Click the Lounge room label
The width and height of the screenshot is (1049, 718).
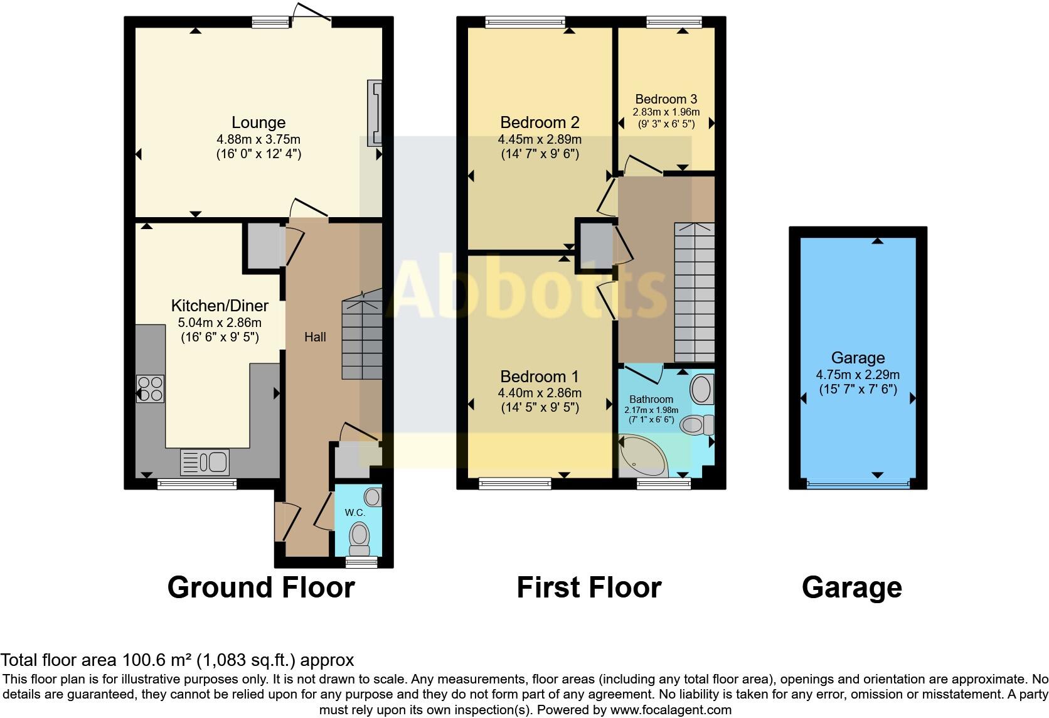coord(258,122)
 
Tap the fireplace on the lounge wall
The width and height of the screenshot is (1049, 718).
coord(375,113)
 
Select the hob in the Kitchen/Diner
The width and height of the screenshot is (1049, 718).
coord(150,388)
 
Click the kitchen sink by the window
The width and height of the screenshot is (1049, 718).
coord(205,463)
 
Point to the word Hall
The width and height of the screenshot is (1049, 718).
coord(315,337)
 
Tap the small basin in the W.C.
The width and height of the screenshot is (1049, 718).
coord(373,498)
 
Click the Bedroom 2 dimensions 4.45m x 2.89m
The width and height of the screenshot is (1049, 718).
coord(540,139)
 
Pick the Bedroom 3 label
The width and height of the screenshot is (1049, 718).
coord(666,99)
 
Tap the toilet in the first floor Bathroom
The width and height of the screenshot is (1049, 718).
coord(696,425)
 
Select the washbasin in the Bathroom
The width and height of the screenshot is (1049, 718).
coord(701,389)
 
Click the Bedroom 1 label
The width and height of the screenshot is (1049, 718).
coord(540,377)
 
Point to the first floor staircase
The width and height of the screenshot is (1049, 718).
coord(694,292)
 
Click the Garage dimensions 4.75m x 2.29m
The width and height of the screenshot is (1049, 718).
coord(858,375)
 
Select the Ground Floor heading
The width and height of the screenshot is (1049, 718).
coord(261,587)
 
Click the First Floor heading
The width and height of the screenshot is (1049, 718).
coord(588,587)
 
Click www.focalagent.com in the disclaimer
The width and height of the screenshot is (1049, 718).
coord(670,710)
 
